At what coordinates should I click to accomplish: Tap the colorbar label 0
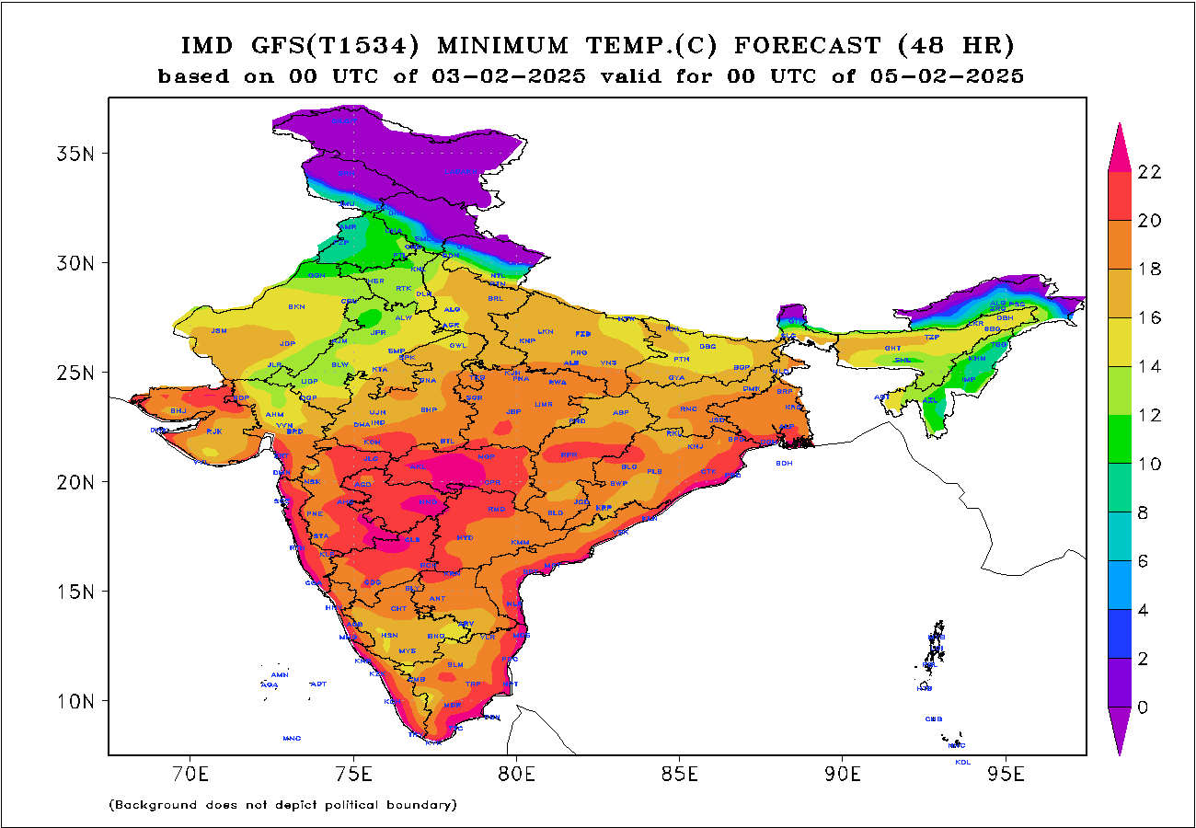click(1143, 707)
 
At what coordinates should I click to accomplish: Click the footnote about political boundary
click(282, 805)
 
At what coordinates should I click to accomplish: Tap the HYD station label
click(465, 537)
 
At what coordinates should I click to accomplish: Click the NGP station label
click(486, 456)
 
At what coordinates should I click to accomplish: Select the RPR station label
click(569, 454)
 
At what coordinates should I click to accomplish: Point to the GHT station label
click(892, 348)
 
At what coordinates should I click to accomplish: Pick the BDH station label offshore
click(784, 463)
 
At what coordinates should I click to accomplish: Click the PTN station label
click(681, 359)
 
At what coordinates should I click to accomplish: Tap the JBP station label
click(513, 411)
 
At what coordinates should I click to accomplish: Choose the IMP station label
click(968, 380)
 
